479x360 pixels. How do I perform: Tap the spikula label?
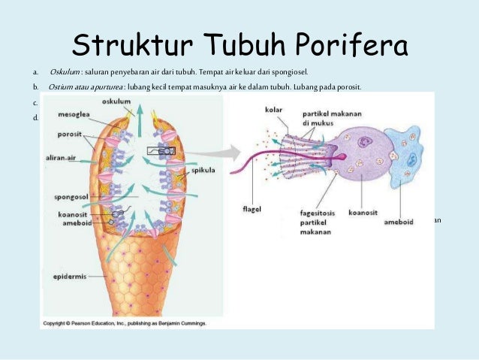coord(203,170)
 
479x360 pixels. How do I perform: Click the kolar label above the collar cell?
coord(274,110)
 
